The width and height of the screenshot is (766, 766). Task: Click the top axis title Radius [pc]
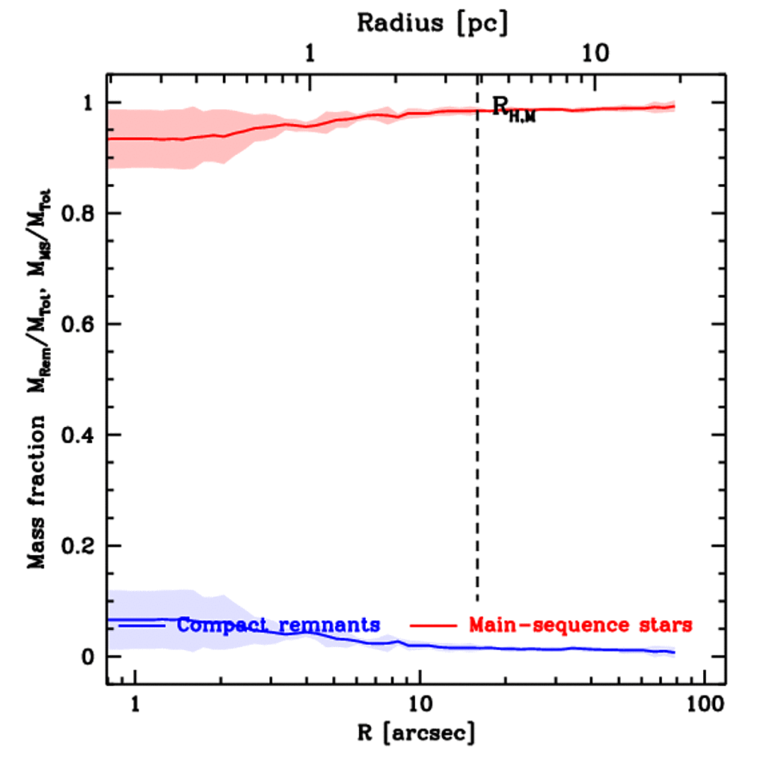tap(432, 22)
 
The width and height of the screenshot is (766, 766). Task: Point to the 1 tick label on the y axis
tap(88, 102)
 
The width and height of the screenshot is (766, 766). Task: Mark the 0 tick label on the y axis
tap(88, 657)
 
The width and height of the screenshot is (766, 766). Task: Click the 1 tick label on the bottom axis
tap(135, 704)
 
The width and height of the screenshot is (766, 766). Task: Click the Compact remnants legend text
tap(279, 624)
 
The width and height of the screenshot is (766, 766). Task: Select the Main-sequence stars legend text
tap(580, 624)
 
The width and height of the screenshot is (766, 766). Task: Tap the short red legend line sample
tap(435, 624)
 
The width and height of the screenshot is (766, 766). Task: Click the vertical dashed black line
tap(477, 374)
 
